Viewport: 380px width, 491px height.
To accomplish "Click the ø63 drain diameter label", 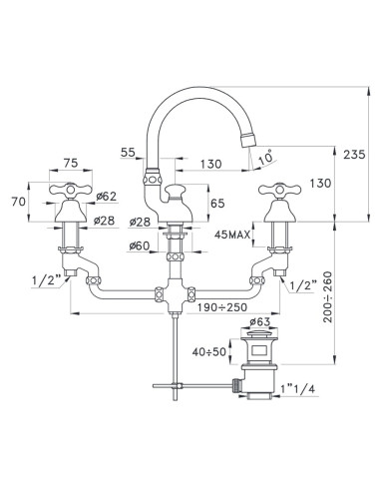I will pos(258,322).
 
